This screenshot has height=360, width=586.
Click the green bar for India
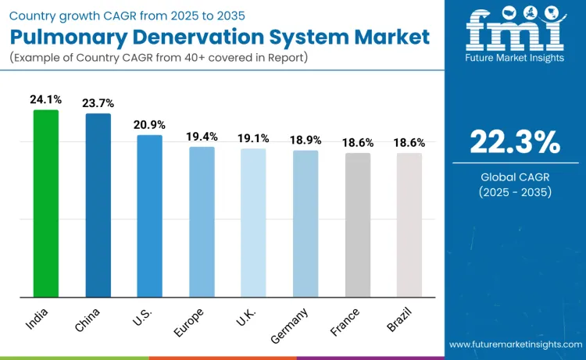(45, 203)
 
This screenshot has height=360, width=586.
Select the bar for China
(98, 205)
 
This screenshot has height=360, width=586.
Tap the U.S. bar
(149, 216)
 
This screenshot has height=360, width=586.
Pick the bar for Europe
(202, 222)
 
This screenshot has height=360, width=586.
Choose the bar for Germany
(306, 223)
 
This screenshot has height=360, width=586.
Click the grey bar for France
(358, 225)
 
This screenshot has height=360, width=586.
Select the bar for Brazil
(409, 225)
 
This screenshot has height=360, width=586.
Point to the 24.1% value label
(45, 99)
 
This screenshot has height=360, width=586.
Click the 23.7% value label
(98, 103)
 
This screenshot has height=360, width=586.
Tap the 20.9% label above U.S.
(149, 125)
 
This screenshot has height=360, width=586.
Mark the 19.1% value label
(253, 137)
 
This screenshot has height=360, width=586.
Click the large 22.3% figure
(515, 142)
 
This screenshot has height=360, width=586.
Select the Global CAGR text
(515, 177)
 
